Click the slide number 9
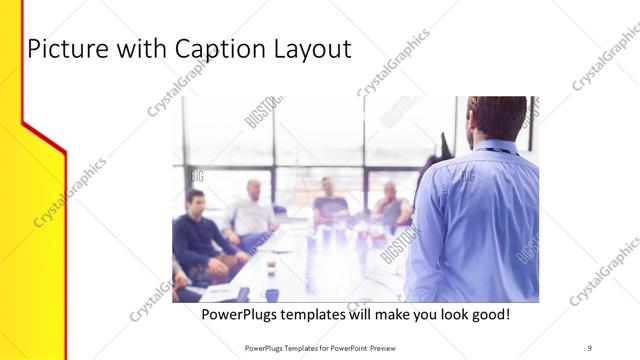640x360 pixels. click(x=590, y=347)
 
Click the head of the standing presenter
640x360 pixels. click(x=496, y=118)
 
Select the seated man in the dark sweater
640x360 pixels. click(x=199, y=234)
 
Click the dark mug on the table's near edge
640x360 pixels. click(x=271, y=295)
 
